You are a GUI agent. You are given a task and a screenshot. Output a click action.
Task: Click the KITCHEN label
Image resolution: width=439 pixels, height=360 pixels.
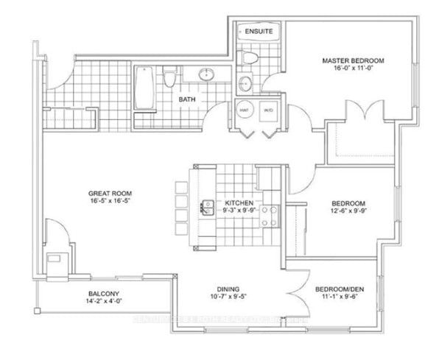pyautogui.click(x=239, y=202)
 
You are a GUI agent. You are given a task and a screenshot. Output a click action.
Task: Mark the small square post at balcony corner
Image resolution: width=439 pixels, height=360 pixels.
pyautogui.click(x=52, y=261)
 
